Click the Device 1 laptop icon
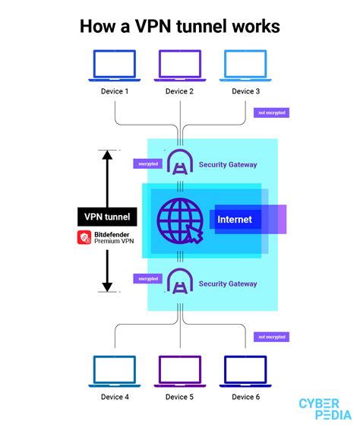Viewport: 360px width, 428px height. (x=115, y=65)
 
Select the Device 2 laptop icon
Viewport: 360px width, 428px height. (x=180, y=65)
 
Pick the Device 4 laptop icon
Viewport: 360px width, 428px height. (x=115, y=371)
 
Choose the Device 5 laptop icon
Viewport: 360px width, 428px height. (x=180, y=371)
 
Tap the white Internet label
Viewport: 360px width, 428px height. (x=235, y=220)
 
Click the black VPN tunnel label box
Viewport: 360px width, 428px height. (x=107, y=217)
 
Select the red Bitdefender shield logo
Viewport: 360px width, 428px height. (x=84, y=237)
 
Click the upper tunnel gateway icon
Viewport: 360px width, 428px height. (x=181, y=162)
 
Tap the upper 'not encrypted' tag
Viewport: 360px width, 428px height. (x=272, y=113)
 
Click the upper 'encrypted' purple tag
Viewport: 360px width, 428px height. (x=147, y=163)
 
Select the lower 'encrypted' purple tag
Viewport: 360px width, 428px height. (x=147, y=279)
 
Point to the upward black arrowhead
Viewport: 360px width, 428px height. (x=107, y=155)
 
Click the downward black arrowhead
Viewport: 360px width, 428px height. (x=107, y=287)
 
